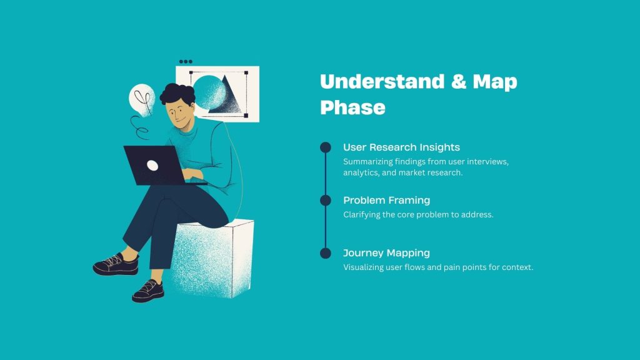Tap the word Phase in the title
click(352, 107)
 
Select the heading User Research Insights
click(401, 147)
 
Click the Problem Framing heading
click(386, 200)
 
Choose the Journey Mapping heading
click(386, 253)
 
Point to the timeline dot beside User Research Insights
click(325, 147)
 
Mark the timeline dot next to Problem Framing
click(325, 200)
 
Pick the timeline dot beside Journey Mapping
click(325, 253)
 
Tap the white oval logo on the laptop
click(152, 165)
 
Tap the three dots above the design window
click(186, 62)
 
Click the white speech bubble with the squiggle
click(141, 99)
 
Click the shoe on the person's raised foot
click(116, 265)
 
